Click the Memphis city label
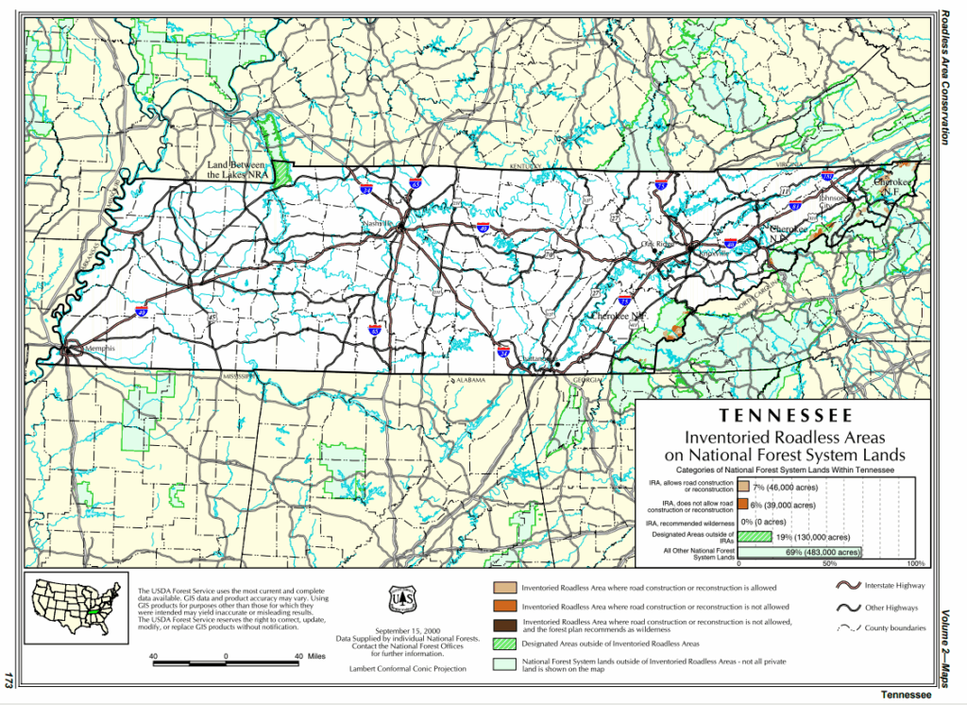(x=98, y=349)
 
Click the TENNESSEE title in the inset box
(x=786, y=416)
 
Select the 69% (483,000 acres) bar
(x=799, y=552)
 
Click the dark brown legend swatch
(x=504, y=625)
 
